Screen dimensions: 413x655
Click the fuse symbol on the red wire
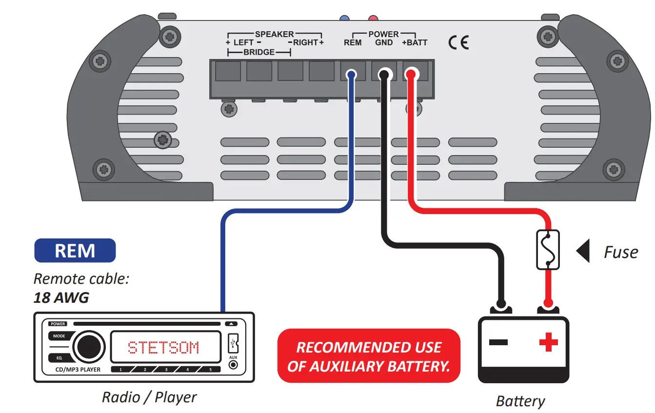[548, 250]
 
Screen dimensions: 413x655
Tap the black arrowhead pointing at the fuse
[583, 251]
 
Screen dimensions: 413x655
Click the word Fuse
[620, 252]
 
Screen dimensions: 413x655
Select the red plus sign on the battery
[548, 342]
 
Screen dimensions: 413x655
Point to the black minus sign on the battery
[498, 342]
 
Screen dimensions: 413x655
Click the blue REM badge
[75, 251]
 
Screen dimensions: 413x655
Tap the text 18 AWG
[61, 297]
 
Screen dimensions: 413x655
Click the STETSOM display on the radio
[163, 348]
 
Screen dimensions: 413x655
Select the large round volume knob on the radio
[89, 347]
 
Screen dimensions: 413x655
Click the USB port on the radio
[233, 343]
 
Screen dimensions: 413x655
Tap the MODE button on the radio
[59, 336]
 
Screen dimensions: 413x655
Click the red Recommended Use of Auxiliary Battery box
[369, 356]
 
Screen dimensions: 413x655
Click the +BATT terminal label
[414, 43]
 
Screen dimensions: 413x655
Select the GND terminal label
[384, 43]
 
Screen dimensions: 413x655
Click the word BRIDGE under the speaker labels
[258, 52]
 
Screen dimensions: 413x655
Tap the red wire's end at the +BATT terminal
[411, 75]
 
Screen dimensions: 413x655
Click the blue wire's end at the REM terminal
[351, 75]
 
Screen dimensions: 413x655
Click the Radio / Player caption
[149, 397]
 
